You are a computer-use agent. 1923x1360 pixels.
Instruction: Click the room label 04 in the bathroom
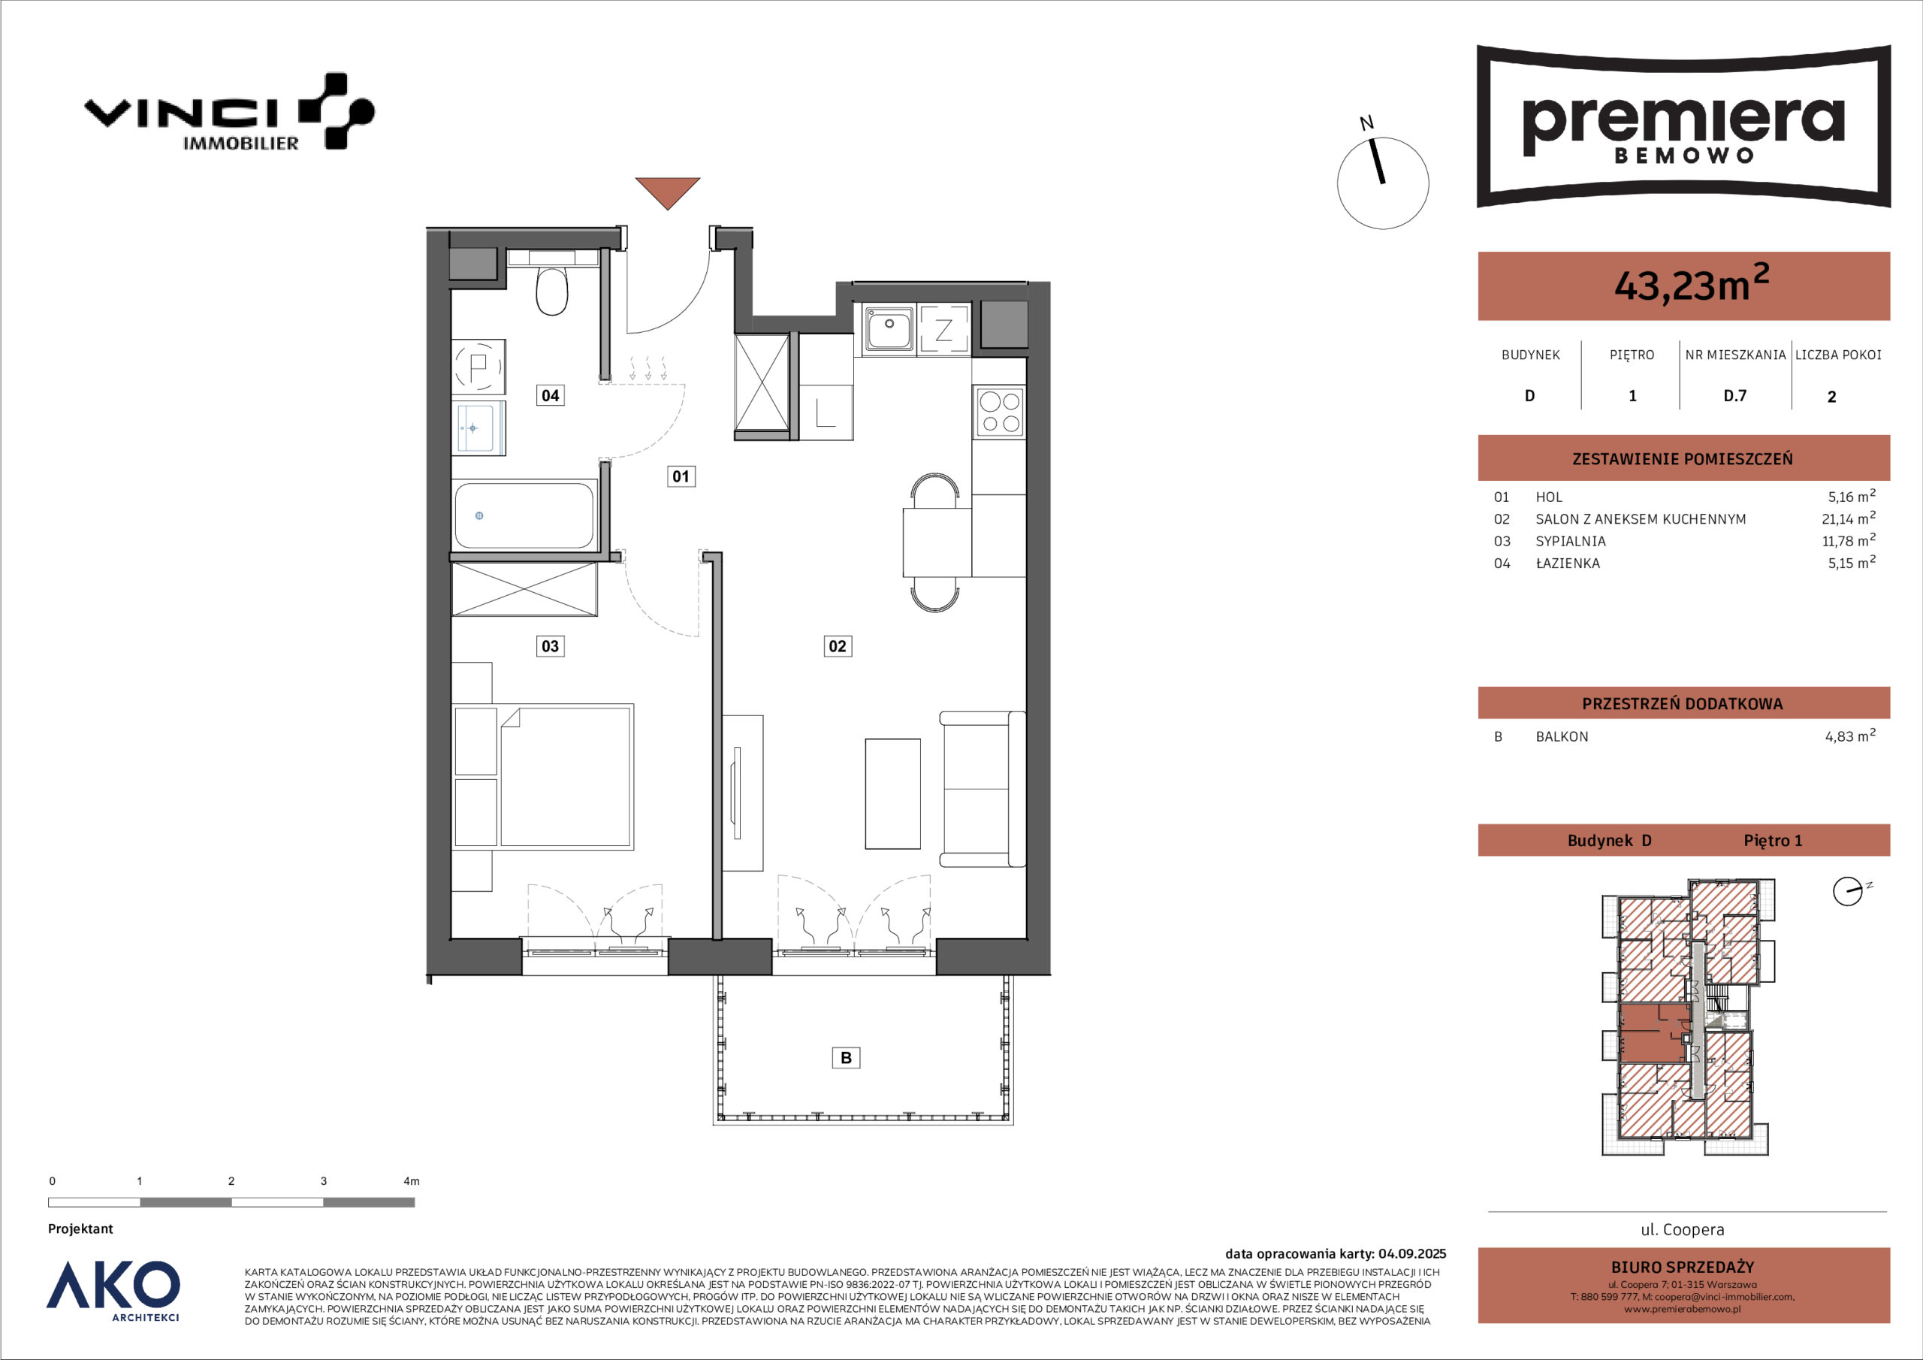551,394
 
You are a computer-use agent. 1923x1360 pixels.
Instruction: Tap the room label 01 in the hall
681,476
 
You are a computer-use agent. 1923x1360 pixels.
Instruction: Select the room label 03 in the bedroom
551,645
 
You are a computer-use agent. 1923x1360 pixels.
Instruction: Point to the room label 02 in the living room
838,645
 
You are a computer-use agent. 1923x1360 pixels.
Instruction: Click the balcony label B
846,1057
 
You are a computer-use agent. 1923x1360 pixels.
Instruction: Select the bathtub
524,515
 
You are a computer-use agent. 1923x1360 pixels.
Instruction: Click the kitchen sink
889,328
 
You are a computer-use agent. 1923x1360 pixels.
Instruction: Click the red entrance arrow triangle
668,190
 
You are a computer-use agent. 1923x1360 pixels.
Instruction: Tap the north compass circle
1383,183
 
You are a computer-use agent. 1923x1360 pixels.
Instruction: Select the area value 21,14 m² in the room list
1849,518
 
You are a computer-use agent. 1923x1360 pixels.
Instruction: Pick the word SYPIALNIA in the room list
1571,541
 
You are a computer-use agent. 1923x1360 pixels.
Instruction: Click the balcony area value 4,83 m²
1850,736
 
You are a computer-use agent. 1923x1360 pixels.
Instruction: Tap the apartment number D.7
1734,395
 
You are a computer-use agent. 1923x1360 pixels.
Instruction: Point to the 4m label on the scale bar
411,1181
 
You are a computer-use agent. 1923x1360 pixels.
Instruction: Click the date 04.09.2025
1412,1254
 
